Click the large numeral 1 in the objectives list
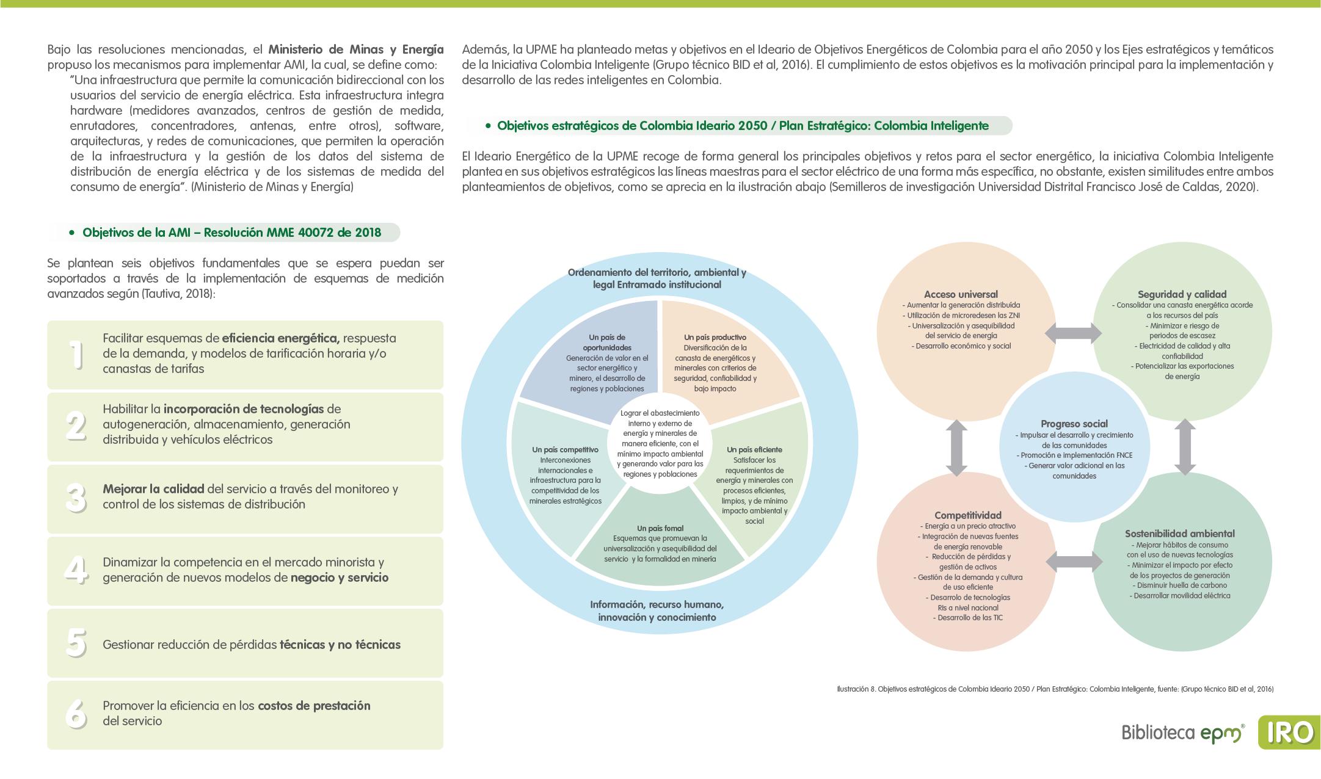[76, 355]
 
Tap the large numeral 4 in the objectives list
[76, 570]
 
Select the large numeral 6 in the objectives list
[76, 713]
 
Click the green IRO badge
[1288, 732]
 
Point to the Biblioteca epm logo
[1182, 733]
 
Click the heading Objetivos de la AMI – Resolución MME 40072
[231, 233]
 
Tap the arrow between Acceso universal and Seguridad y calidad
[1073, 333]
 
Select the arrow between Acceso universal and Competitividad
[956, 447]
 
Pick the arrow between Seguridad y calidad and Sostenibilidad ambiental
[1185, 446]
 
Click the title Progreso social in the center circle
[1074, 424]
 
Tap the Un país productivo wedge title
[715, 337]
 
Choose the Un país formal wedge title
[660, 528]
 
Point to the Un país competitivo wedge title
[565, 450]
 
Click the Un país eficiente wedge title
[754, 450]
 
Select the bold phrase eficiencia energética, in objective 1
[280, 338]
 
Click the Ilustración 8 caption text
[1055, 689]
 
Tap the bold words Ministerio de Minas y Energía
[355, 49]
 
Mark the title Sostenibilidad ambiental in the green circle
[1179, 534]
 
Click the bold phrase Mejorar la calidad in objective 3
[153, 489]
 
